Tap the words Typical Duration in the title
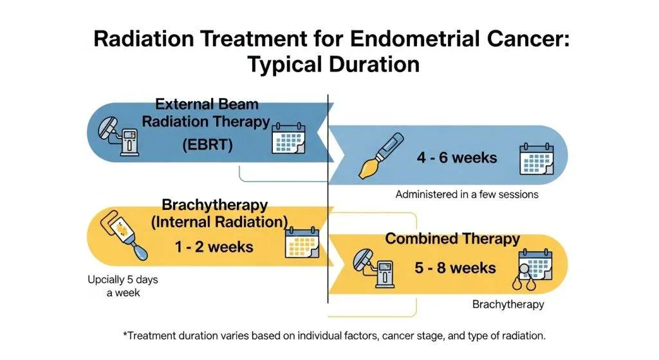pos(329,64)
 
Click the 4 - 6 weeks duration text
pos(457,157)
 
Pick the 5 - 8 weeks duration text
pos(456,267)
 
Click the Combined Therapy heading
pos(452,239)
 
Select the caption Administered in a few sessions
pos(467,194)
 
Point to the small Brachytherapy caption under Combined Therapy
pos(508,304)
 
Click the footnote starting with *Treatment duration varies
pos(334,336)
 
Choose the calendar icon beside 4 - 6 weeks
pos(535,158)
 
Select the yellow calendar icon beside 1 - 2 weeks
pos(302,243)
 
